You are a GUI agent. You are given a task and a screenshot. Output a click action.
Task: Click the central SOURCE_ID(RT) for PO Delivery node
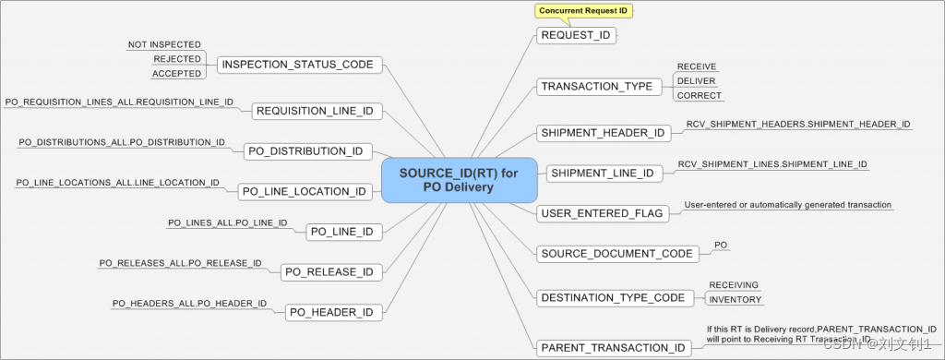click(x=459, y=179)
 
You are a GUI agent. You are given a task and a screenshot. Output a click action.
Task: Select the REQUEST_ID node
click(x=576, y=36)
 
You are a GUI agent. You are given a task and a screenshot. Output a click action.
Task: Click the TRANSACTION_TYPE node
click(x=596, y=87)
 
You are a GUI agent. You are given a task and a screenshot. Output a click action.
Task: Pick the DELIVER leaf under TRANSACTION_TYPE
click(x=696, y=80)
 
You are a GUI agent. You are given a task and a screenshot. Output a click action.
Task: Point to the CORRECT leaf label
click(x=700, y=95)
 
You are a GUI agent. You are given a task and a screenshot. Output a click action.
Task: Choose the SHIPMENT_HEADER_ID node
click(x=604, y=132)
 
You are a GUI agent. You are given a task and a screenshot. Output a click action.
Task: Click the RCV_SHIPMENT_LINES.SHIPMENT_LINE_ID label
click(x=772, y=164)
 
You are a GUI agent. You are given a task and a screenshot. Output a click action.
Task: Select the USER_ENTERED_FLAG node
click(x=602, y=213)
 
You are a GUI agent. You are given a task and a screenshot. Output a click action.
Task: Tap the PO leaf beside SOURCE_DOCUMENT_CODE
click(x=722, y=246)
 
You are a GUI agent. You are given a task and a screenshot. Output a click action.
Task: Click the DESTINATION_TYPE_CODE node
click(x=613, y=298)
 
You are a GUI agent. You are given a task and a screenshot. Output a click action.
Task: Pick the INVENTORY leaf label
click(x=736, y=299)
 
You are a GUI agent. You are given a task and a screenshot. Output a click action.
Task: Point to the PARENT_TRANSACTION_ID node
click(x=613, y=348)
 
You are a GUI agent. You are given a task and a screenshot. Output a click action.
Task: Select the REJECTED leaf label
click(x=177, y=59)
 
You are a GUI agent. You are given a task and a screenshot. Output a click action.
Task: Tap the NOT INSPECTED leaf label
click(x=164, y=44)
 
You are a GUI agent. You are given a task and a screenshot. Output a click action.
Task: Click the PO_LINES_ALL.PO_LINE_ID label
click(x=228, y=223)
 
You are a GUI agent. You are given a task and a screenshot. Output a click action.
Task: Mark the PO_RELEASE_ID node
click(x=329, y=272)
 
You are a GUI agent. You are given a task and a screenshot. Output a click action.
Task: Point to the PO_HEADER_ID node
click(x=331, y=313)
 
